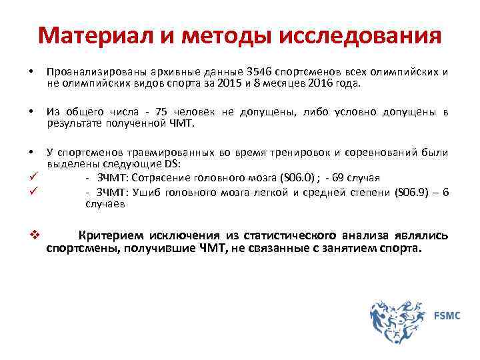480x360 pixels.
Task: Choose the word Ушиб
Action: [x=147, y=193]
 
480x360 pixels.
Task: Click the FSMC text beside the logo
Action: [x=447, y=315]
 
